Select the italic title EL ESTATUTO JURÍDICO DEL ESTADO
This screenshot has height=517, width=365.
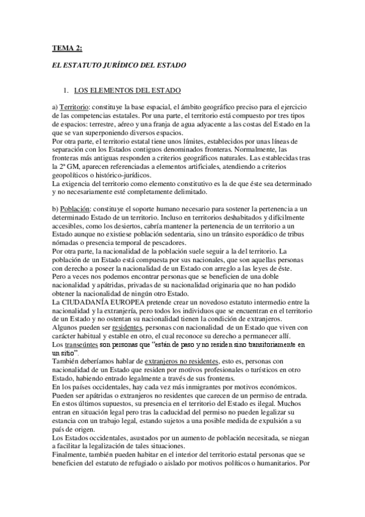point(119,64)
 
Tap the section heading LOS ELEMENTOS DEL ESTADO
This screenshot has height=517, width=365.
point(127,91)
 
